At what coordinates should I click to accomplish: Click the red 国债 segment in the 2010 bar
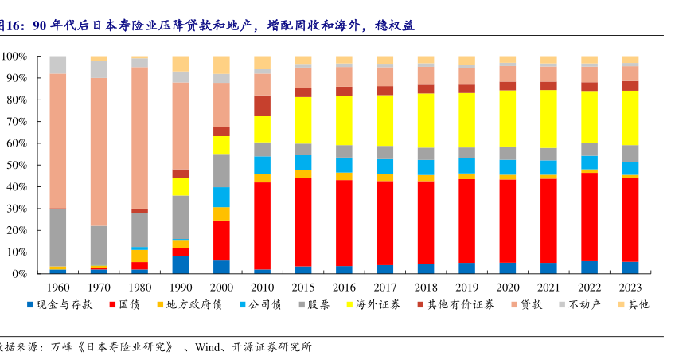[262, 226]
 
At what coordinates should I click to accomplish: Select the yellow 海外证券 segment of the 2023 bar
[630, 117]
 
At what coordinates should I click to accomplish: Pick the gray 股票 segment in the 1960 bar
[57, 237]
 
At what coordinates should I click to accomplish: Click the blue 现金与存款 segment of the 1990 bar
[180, 264]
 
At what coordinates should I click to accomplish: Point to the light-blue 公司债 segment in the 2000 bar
[221, 197]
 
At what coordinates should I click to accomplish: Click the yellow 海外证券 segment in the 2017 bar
[384, 119]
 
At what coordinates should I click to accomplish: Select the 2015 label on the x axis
[302, 287]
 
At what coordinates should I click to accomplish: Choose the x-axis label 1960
[57, 287]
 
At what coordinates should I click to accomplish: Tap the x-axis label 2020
[507, 287]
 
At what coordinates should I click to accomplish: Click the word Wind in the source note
[208, 347]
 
